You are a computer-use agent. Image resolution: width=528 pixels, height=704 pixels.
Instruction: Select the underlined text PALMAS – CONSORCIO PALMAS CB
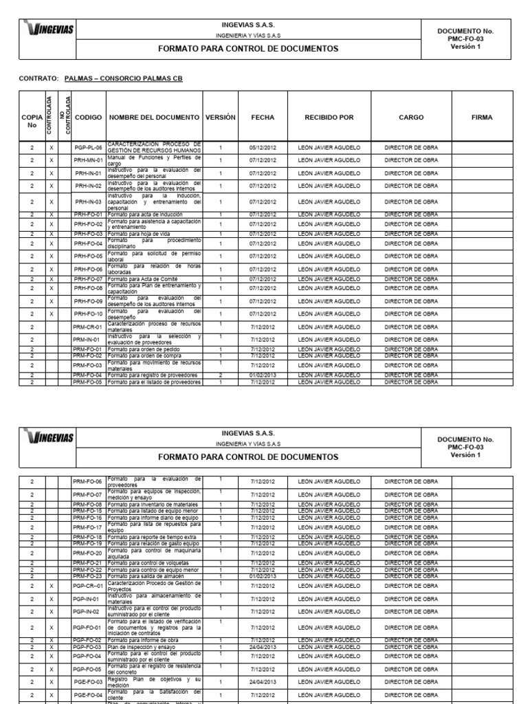click(x=123, y=78)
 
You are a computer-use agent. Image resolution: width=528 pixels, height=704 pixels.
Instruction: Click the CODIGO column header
click(x=88, y=118)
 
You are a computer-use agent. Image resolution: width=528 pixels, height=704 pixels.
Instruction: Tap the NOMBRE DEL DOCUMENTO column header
click(x=154, y=118)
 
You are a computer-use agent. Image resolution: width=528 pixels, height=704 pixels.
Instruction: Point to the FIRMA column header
click(x=482, y=118)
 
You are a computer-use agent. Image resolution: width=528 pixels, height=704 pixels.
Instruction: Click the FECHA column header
click(x=262, y=118)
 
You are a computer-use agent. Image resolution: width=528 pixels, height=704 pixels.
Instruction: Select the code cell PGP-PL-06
click(x=89, y=147)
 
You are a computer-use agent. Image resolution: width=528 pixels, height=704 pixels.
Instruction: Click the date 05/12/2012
click(x=262, y=147)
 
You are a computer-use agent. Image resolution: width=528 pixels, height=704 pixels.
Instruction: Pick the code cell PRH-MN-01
click(x=89, y=160)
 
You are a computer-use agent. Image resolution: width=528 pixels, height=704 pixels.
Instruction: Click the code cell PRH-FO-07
click(x=89, y=279)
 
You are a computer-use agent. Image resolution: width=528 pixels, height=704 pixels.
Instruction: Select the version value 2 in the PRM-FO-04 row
click(x=220, y=375)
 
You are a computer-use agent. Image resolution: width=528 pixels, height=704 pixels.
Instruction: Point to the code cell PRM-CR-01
click(x=89, y=327)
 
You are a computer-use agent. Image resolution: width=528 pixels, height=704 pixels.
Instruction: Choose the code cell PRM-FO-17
click(x=89, y=527)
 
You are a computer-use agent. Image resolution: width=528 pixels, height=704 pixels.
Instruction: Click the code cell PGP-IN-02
click(x=89, y=610)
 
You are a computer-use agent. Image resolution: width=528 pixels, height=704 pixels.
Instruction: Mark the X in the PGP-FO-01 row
click(x=52, y=627)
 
